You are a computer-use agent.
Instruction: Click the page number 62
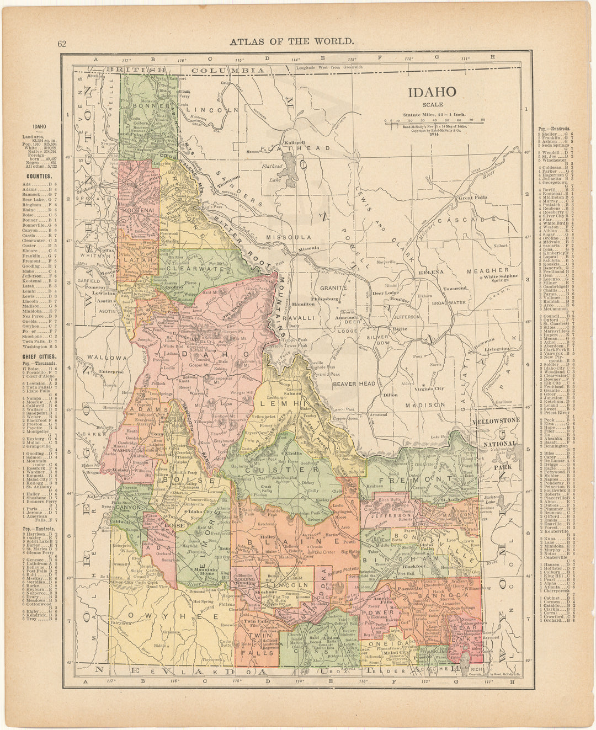[x=61, y=45]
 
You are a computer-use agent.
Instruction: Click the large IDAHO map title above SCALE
[x=432, y=91]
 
